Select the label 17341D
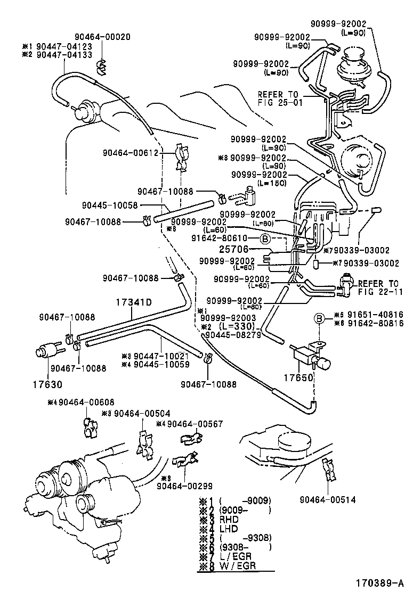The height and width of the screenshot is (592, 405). (134, 303)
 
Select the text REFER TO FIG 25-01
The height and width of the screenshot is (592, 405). (280, 98)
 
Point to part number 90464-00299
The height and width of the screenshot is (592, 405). (185, 485)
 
